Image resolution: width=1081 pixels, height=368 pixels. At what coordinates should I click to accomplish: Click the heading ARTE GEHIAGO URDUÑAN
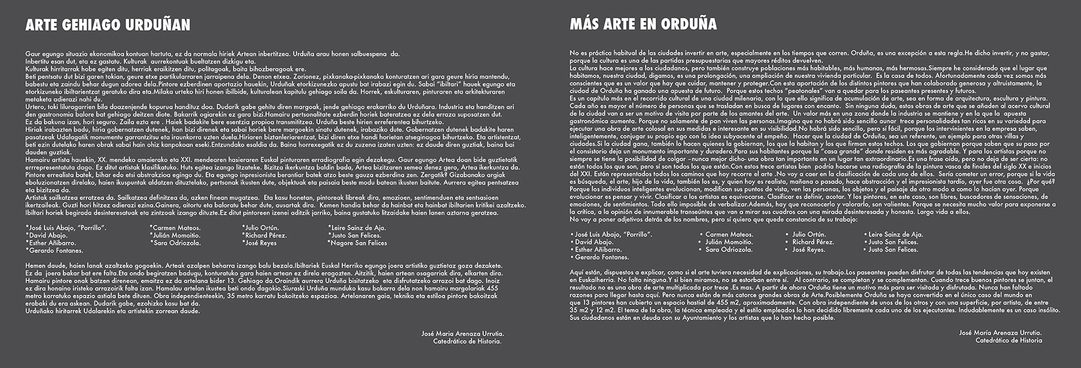pyautogui.click(x=108, y=25)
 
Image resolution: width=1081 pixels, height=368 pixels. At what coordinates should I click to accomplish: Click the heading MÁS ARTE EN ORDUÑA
pyautogui.click(x=643, y=25)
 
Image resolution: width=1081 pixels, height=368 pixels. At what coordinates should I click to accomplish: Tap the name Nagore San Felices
pyautogui.click(x=358, y=243)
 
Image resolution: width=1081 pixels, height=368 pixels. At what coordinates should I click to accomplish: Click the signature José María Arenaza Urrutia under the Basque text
pyautogui.click(x=462, y=333)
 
